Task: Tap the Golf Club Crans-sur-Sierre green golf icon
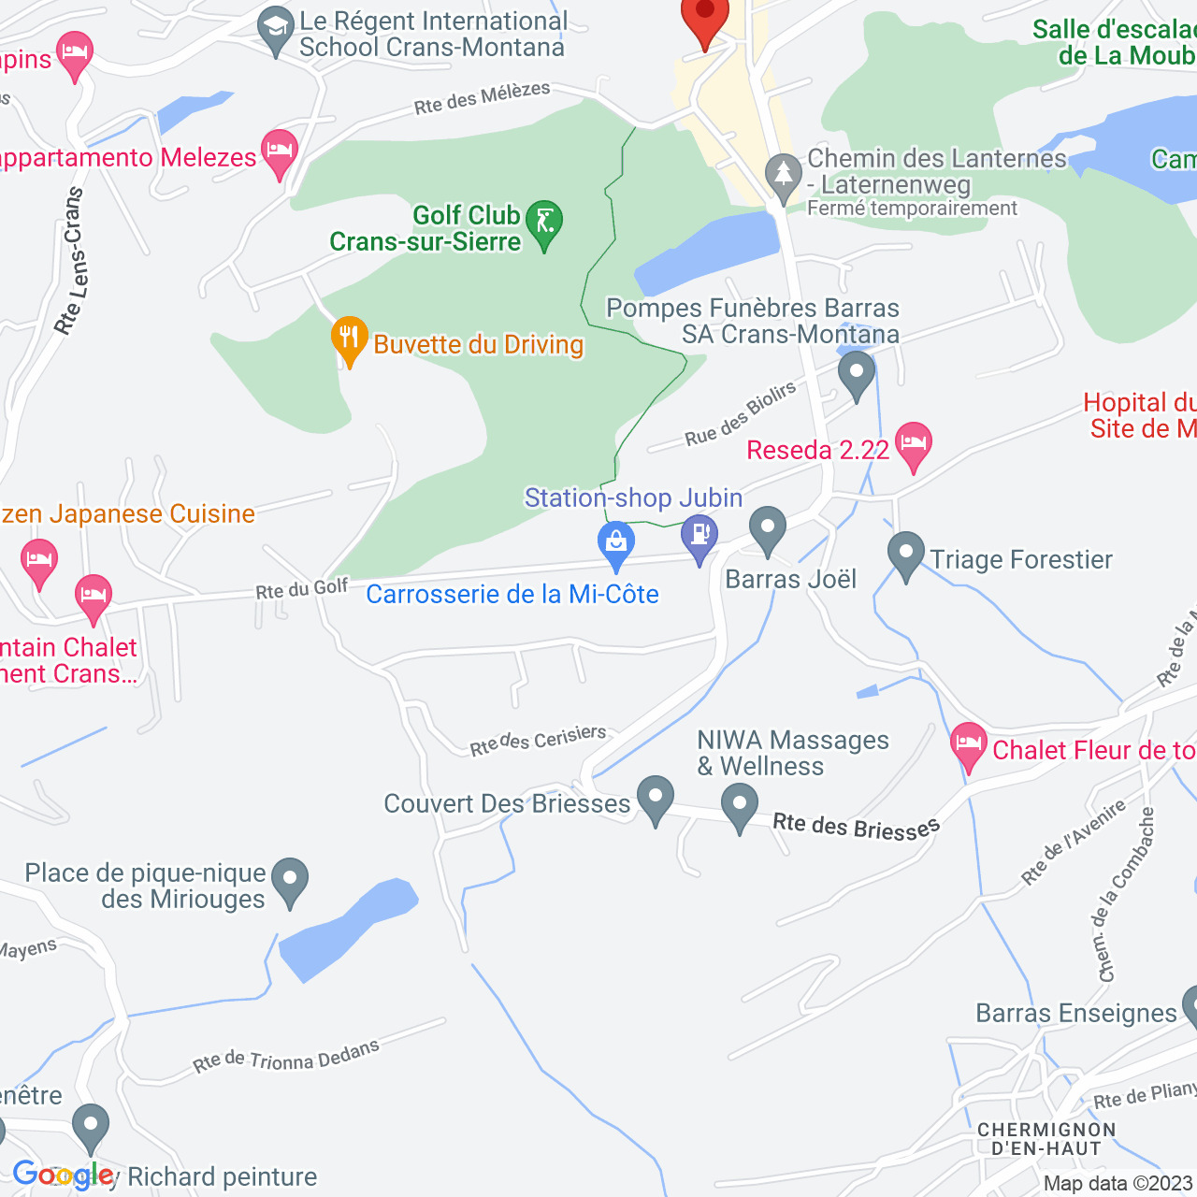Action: pos(543,224)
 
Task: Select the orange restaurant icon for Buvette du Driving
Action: pos(349,338)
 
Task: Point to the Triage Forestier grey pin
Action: pos(905,553)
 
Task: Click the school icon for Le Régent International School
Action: pos(276,28)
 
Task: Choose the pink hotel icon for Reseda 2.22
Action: pos(914,443)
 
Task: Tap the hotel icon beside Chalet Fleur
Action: pos(969,744)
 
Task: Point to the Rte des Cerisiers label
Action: pos(538,740)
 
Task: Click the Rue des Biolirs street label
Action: pos(741,414)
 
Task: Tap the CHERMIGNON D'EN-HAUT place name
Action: pos(1046,1139)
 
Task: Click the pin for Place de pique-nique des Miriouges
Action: pos(290,879)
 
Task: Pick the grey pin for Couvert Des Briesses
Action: pos(655,797)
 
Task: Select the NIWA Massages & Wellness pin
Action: pos(739,804)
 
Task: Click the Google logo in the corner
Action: pos(63,1175)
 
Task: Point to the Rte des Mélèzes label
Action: pos(483,98)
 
